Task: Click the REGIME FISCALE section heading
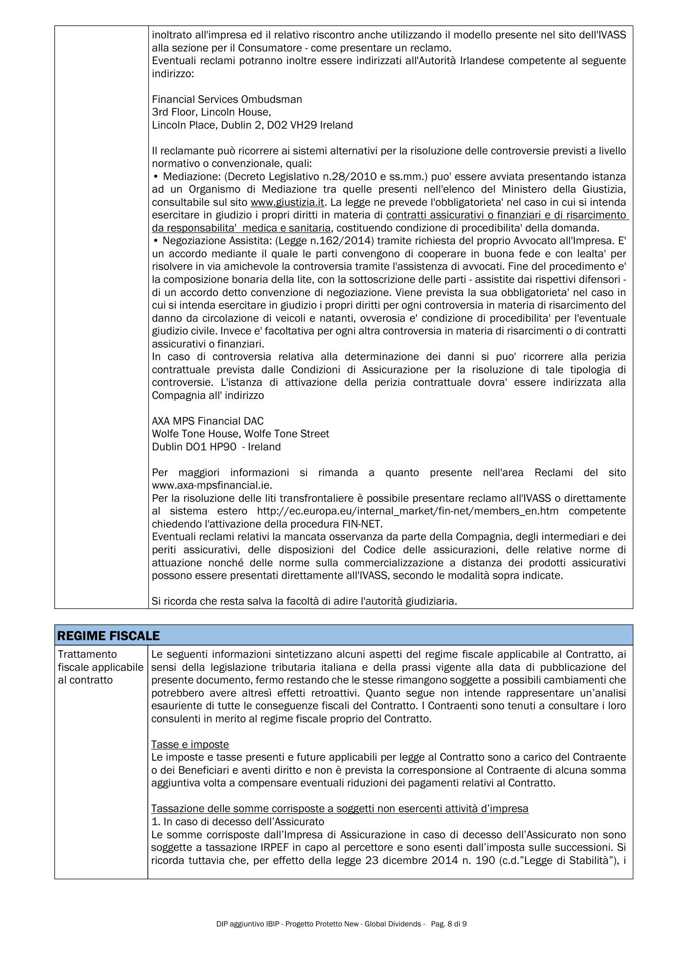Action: [109, 636]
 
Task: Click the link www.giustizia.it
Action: [287, 203]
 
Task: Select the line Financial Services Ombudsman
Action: [227, 99]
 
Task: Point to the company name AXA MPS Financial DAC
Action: [207, 421]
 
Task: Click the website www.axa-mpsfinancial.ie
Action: [212, 485]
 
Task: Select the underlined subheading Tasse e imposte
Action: [190, 744]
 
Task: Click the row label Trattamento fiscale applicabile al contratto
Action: [100, 667]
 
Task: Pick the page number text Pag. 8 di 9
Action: [448, 924]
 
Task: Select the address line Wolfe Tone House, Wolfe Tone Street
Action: [241, 434]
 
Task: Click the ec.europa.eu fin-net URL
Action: [407, 511]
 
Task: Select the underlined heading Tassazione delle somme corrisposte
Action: [339, 808]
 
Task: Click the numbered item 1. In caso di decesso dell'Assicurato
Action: [238, 821]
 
